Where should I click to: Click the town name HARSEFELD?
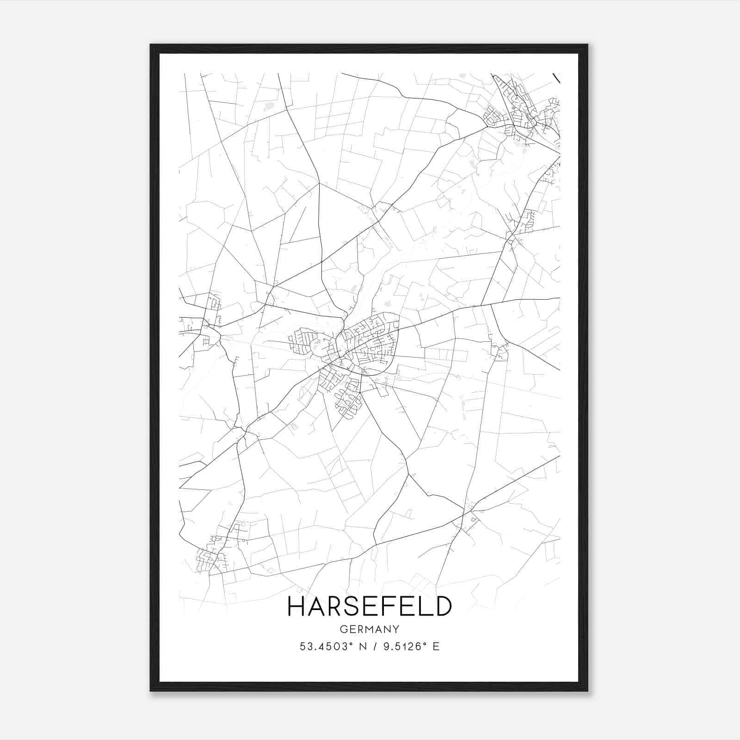tap(370, 606)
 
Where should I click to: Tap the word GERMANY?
tap(370, 629)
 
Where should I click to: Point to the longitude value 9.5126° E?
tap(405, 647)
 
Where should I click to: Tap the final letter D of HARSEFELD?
tap(443, 606)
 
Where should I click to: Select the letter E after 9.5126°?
tap(436, 647)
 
